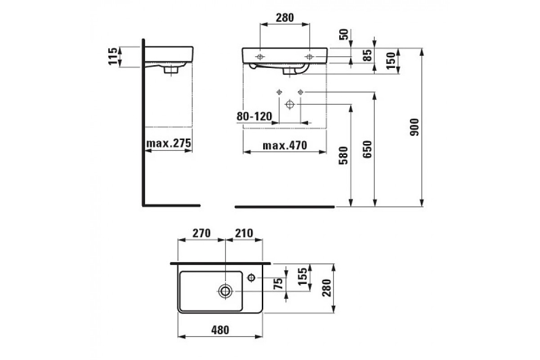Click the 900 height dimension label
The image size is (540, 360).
pos(414,127)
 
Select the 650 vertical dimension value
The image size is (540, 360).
pos(367,149)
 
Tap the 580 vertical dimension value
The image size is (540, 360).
pos(343,156)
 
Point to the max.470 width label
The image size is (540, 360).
pos(285,145)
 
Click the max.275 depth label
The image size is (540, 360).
pos(168,143)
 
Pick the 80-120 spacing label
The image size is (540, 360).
pos(254,116)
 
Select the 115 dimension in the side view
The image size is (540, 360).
pos(113,56)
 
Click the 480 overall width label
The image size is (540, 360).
pos(220,330)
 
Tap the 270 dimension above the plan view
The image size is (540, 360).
pos(202,233)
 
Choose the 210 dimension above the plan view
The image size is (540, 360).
pos(244,233)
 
